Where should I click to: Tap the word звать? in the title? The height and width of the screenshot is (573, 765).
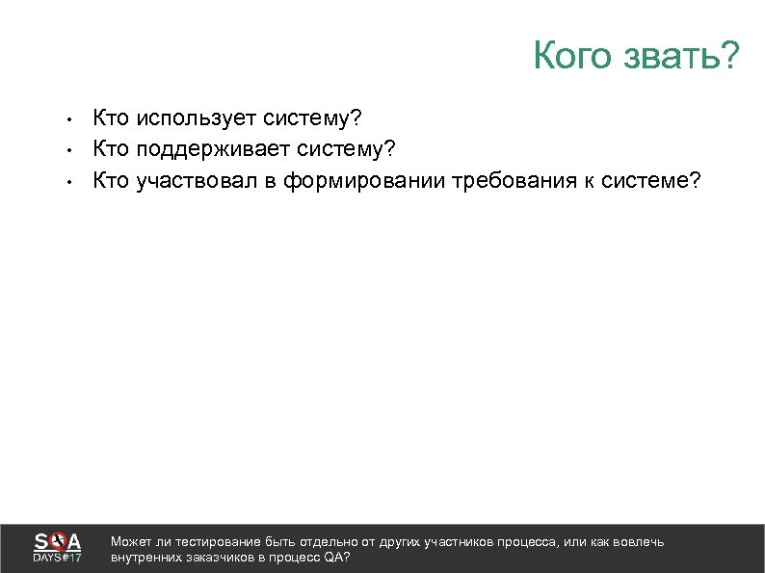coord(680,57)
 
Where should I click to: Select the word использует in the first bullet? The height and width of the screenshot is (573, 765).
coord(193,118)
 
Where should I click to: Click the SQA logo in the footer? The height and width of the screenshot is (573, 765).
coord(58,541)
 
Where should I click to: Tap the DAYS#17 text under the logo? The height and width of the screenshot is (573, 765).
coord(58,559)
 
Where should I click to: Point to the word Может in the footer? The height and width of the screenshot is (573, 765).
coord(131,542)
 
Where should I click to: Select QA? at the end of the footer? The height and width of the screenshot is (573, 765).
coord(337,558)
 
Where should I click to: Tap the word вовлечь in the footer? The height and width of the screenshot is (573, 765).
coord(640,542)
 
